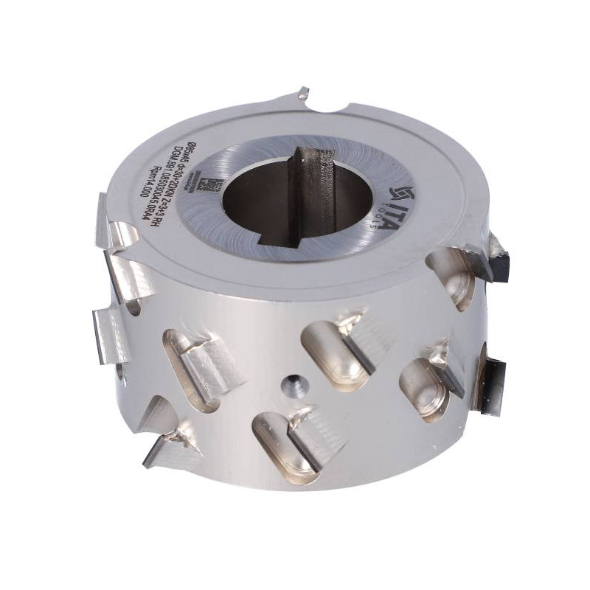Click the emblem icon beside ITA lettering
(x=390, y=190)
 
